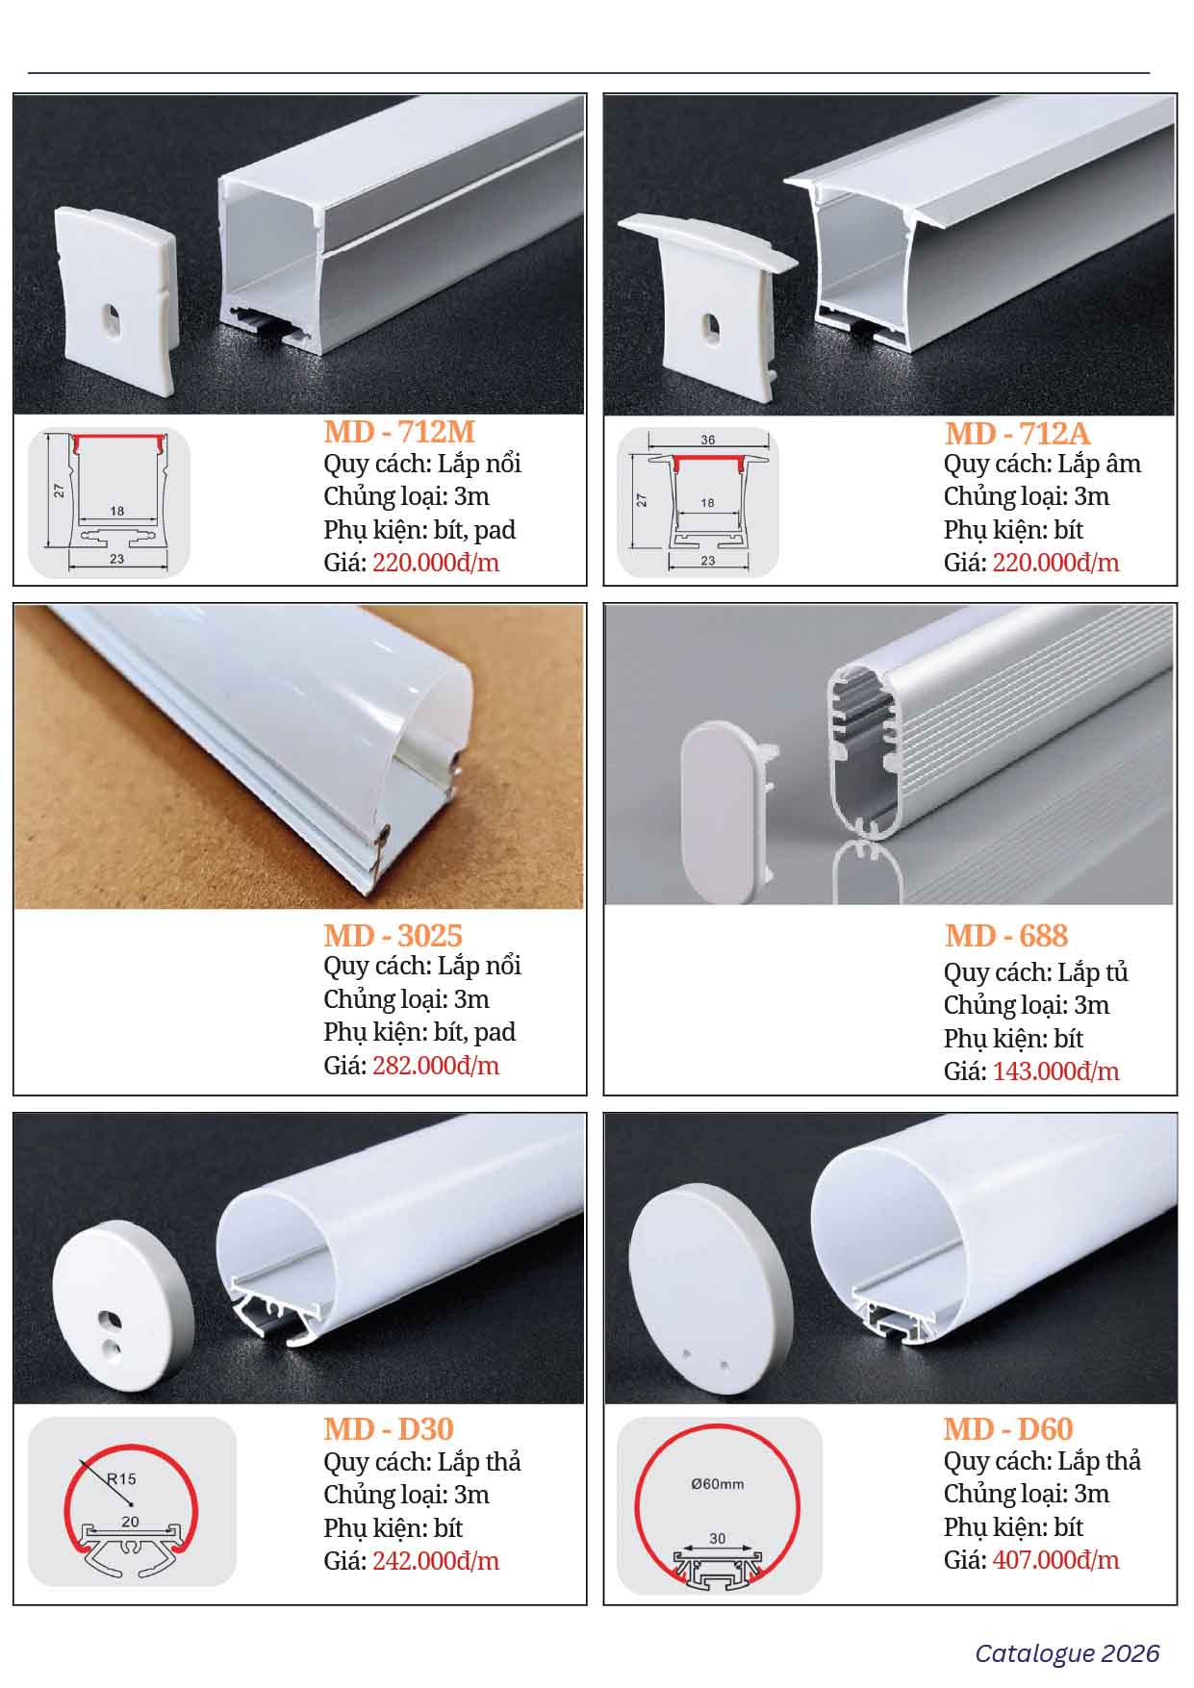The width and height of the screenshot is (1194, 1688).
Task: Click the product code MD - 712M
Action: click(399, 431)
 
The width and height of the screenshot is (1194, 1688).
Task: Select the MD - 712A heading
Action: click(1018, 433)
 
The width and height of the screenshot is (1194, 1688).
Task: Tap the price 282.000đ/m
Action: click(436, 1066)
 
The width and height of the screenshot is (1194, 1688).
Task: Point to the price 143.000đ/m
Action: click(1055, 1071)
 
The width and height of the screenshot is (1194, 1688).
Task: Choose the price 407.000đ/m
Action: click(1055, 1560)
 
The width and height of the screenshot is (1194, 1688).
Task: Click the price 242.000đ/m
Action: click(436, 1560)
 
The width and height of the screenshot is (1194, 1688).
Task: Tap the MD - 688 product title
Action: click(1006, 935)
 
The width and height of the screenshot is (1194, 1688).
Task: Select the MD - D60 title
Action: click(1008, 1429)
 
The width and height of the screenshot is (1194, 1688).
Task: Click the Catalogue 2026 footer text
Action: click(1067, 1652)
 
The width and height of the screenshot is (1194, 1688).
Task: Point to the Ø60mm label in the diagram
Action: click(717, 1484)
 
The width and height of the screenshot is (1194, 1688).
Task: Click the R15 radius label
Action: click(122, 1478)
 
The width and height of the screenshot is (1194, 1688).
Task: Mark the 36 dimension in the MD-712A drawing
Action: click(708, 441)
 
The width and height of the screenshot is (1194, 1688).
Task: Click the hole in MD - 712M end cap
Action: click(113, 323)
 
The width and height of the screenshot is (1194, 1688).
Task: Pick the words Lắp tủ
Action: click(1093, 973)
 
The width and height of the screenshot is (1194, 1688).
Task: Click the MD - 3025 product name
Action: click(393, 935)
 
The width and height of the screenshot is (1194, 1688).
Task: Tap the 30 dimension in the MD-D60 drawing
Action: click(718, 1539)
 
